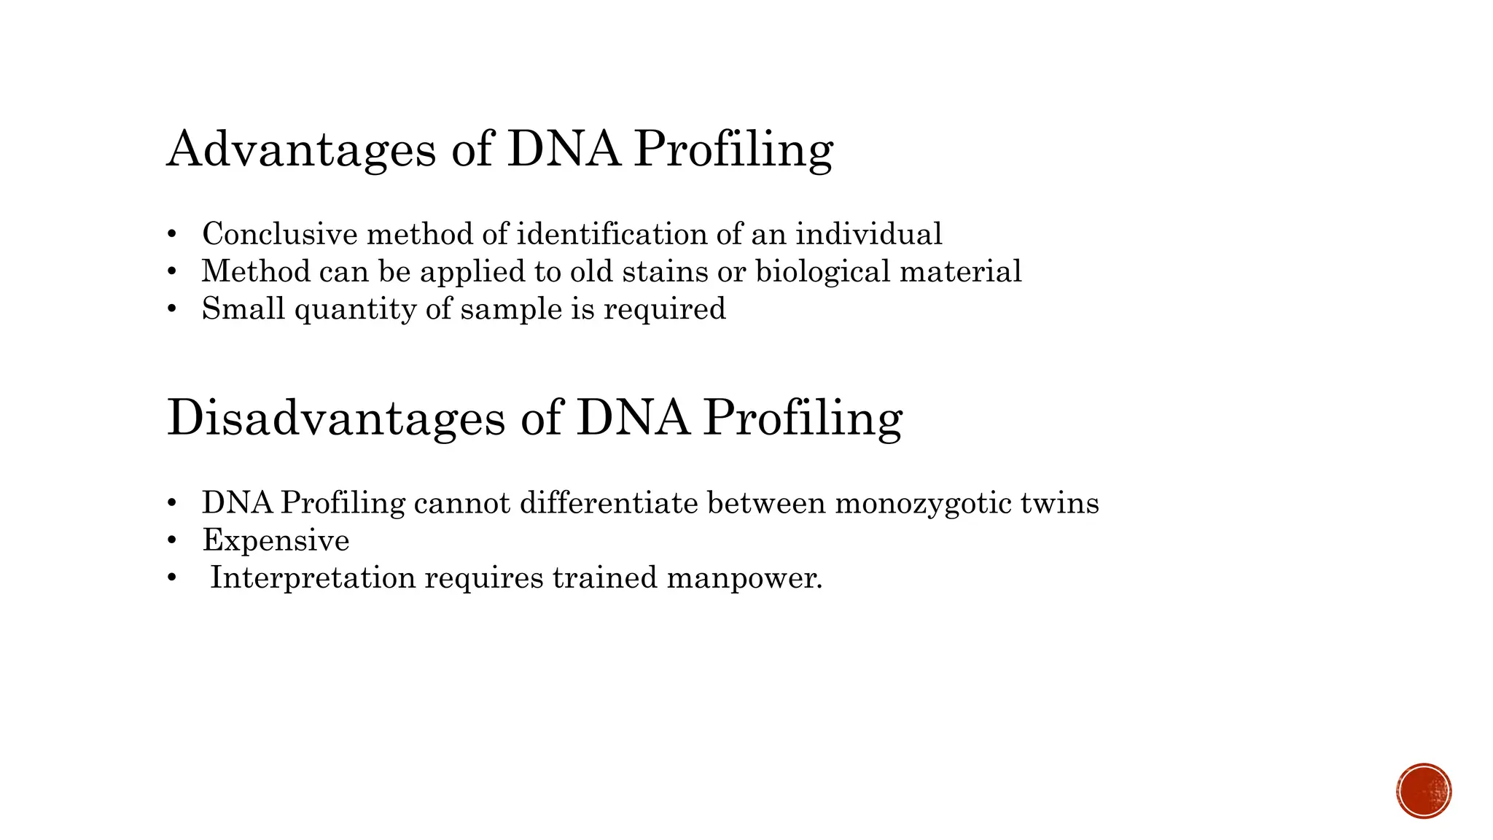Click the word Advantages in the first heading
click(301, 149)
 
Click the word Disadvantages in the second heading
click(336, 418)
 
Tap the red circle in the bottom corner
click(1424, 791)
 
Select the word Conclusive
click(280, 234)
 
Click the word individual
click(868, 234)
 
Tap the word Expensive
click(276, 541)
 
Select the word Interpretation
click(313, 578)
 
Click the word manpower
click(744, 579)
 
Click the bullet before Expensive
click(172, 541)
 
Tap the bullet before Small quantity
click(172, 309)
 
